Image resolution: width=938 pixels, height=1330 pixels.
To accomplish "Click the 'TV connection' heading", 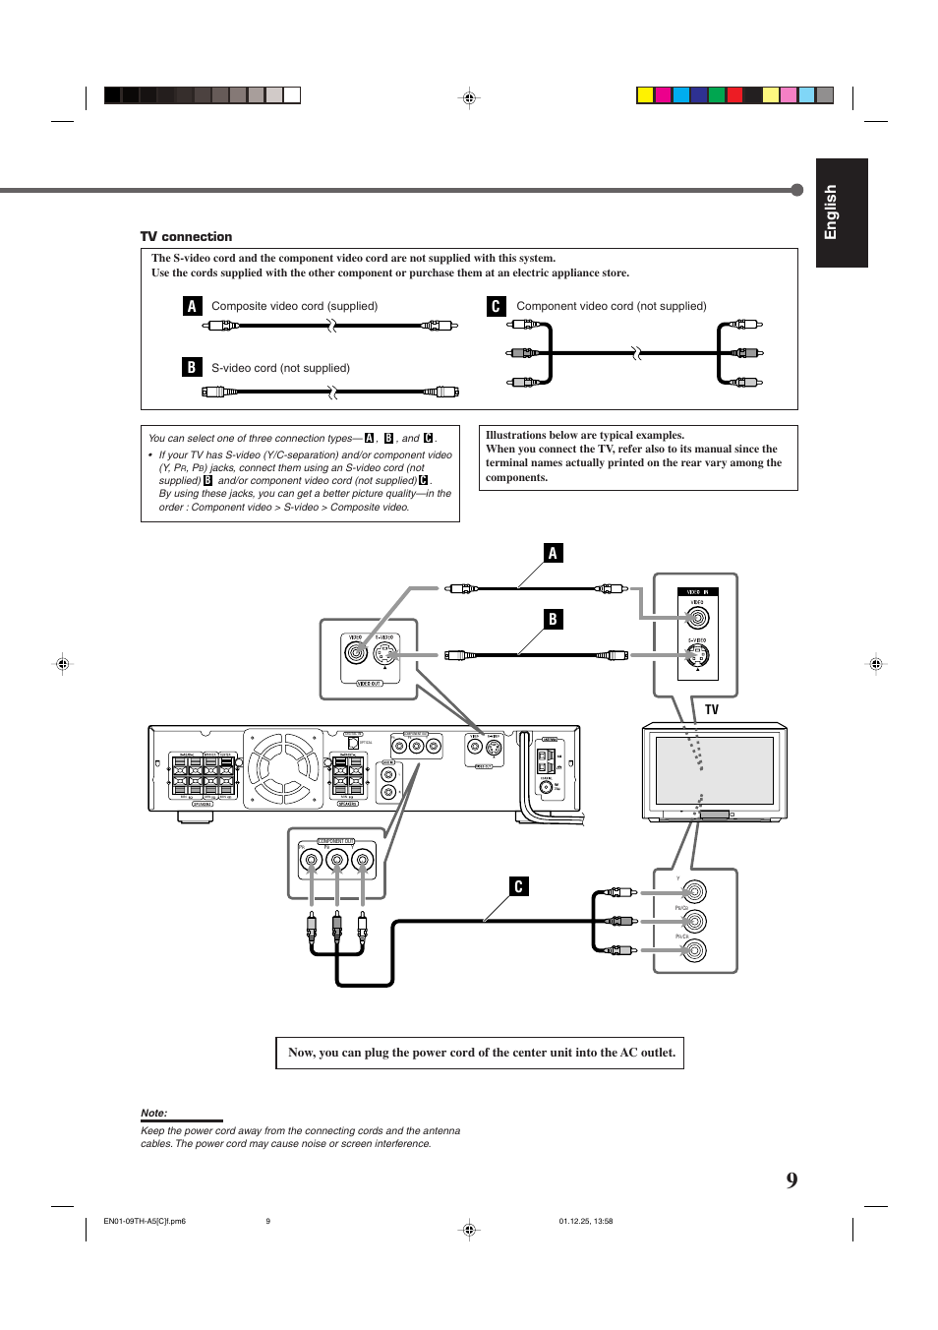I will pos(186,237).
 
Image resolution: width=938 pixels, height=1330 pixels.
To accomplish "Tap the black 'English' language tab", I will pos(841,212).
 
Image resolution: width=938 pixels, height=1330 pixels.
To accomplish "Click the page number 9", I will pos(791,1180).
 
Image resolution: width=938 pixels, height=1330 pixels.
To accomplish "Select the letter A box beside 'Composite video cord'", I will pos(192,306).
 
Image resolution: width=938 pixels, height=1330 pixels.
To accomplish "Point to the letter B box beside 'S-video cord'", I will pos(192,367).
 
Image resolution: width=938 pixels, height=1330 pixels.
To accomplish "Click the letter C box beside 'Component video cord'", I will pos(496,306).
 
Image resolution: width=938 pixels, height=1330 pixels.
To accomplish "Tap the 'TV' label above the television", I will pos(711,709).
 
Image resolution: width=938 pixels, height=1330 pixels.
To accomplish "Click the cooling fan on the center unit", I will pos(283,768).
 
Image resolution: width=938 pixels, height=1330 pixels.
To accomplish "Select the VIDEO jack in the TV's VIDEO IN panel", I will pos(697,618).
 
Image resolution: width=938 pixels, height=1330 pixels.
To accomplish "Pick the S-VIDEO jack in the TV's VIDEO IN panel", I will pos(697,655).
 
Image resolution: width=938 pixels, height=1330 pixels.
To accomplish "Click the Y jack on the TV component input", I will pos(694,891).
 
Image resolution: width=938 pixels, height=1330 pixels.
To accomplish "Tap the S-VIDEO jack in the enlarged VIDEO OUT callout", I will pos(384,653).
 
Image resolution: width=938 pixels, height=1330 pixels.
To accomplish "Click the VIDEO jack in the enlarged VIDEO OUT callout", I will pos(356,652).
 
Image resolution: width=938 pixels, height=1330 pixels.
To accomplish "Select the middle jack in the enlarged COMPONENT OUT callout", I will pos(337,862).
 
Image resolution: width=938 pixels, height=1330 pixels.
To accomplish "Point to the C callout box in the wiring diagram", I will pos(518,886).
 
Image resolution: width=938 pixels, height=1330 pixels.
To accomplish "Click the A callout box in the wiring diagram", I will pos(553,553).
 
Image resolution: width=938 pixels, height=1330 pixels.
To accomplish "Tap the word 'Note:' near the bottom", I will pos(154,1113).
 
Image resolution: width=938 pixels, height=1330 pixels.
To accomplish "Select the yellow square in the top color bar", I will pos(645,95).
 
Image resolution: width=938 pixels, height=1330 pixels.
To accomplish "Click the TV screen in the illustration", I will pos(715,770).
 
